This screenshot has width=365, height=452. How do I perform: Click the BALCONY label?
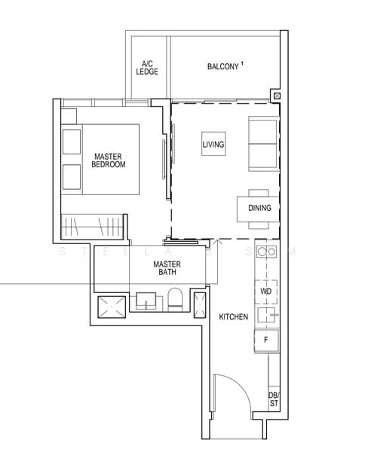(x=222, y=67)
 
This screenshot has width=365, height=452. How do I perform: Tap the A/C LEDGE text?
(x=146, y=69)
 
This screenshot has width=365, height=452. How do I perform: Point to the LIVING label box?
(x=213, y=144)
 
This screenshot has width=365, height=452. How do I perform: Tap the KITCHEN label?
(x=233, y=317)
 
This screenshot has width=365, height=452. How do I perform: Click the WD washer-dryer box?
(x=265, y=290)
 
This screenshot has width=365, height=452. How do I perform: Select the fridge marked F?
(x=265, y=340)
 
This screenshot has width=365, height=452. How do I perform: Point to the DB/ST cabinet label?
(x=273, y=400)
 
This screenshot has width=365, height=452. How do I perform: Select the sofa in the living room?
(x=262, y=143)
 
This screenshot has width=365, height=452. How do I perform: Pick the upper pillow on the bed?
(x=72, y=141)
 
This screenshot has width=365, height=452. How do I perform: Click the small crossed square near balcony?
(x=277, y=96)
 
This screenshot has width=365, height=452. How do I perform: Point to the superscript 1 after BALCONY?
(x=243, y=64)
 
